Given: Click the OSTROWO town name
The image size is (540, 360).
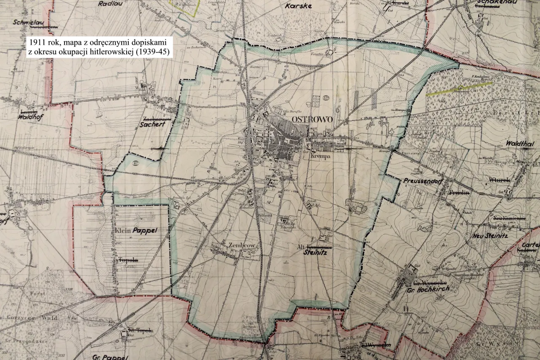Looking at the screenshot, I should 312,119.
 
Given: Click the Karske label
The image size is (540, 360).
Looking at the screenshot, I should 298,6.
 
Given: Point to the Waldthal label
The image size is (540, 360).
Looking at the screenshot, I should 520,143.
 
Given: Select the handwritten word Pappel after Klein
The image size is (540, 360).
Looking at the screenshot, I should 145,231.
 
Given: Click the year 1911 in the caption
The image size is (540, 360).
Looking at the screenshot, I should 38,43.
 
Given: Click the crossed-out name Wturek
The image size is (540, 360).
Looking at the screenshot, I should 499,180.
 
